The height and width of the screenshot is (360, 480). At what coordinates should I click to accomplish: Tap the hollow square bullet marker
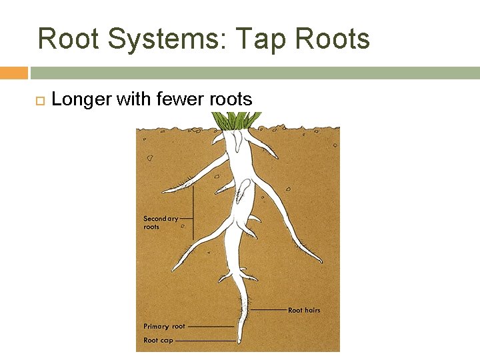pyautogui.click(x=39, y=101)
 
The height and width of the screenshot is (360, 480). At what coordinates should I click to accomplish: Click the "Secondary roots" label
pyautogui.click(x=161, y=222)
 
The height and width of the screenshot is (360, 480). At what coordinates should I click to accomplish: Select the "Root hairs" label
pyautogui.click(x=304, y=310)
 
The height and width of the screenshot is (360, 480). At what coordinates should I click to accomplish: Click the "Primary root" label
pyautogui.click(x=164, y=327)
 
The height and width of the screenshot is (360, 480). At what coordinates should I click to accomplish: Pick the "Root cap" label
pyautogui.click(x=158, y=340)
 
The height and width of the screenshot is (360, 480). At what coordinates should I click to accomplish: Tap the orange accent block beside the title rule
pyautogui.click(x=13, y=73)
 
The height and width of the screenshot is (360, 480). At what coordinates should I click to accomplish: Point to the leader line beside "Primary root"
pyautogui.click(x=212, y=327)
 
